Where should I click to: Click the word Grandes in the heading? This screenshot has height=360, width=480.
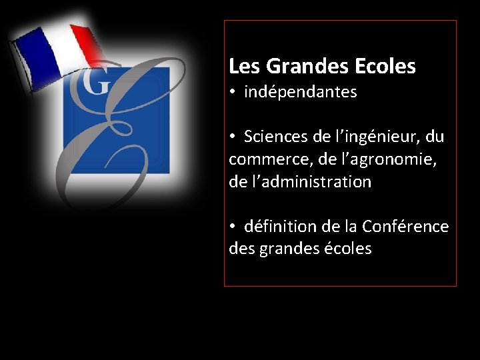tap(299, 67)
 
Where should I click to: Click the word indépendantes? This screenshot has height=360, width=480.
tap(301, 93)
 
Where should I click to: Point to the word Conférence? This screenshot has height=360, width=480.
tap(405, 227)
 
